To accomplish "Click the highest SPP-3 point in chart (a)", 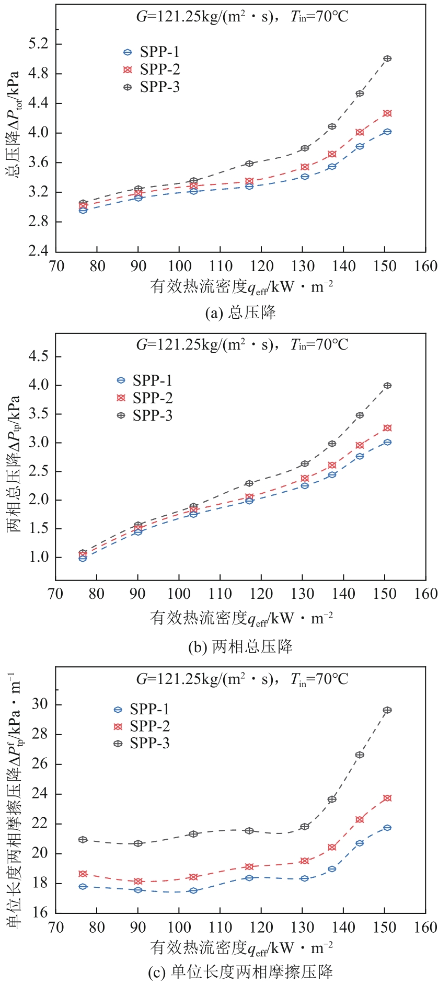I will pos(387,59).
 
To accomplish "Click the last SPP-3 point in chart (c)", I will pos(387,710).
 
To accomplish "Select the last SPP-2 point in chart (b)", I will pos(387,428).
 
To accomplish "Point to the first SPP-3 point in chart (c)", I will pos(83,840).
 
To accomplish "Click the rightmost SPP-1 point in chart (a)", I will pos(387,132).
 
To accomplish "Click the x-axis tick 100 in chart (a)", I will pos(179,266).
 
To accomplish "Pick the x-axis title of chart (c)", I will pos(241,947).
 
